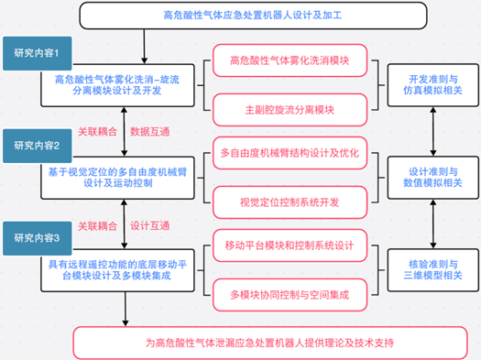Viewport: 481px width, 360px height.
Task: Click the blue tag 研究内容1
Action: (38, 53)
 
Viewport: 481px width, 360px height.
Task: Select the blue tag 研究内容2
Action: (38, 146)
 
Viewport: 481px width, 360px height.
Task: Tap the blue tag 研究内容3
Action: (38, 238)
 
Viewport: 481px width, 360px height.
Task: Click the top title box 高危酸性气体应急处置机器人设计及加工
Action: (253, 16)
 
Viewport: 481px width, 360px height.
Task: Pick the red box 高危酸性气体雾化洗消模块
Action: (290, 60)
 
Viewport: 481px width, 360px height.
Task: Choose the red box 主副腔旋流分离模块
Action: (290, 110)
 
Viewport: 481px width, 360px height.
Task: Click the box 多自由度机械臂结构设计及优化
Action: (290, 153)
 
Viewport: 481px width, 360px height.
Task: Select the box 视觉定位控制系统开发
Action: (290, 202)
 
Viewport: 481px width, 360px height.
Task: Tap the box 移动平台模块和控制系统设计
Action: (290, 245)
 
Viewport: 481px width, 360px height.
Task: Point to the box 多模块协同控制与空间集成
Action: (290, 295)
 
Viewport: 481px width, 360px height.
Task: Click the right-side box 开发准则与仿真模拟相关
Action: (432, 85)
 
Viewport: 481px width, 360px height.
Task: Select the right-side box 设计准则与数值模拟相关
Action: (432, 178)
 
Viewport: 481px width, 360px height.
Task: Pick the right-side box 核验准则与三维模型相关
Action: (432, 270)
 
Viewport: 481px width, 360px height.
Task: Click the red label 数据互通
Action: (150, 132)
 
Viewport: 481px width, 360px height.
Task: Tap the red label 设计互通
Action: (150, 226)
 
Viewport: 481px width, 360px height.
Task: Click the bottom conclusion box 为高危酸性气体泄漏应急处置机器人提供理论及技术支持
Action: (270, 343)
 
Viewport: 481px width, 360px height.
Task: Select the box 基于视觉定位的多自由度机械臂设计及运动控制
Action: (117, 178)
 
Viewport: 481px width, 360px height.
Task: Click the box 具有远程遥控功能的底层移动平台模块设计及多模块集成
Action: (117, 270)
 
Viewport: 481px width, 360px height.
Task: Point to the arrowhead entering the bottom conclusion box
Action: (126, 323)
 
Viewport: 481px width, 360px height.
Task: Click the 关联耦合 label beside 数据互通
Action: (97, 132)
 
